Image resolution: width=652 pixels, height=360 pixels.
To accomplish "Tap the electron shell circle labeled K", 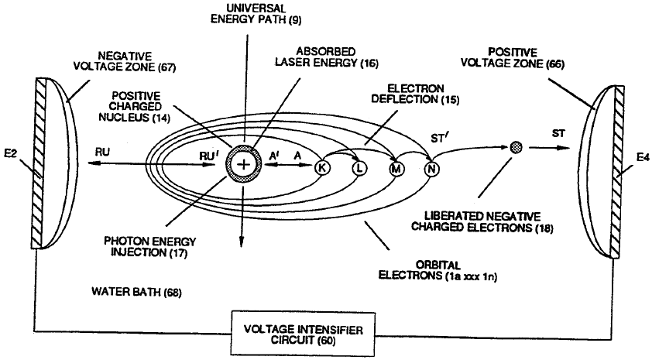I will point(322,167).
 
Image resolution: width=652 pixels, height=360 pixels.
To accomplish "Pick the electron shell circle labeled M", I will point(397,168).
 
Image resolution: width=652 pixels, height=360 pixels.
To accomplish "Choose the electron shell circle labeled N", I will point(432,167).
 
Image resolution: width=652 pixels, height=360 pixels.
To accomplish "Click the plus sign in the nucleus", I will point(244,164).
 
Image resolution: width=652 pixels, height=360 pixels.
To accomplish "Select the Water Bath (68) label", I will point(129,292).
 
